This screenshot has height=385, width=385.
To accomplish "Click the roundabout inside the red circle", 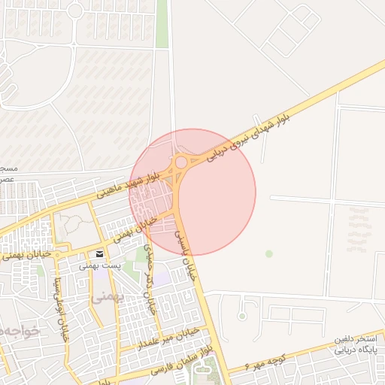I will (x=180, y=162).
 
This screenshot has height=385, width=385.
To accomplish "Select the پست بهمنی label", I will (x=99, y=265).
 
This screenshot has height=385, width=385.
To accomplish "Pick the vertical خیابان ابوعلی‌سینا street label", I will (x=56, y=308).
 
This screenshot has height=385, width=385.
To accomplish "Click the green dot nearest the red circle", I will (x=269, y=253).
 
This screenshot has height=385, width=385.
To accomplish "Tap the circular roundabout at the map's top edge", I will (x=75, y=11).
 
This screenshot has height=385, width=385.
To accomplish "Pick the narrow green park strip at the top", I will (x=162, y=23).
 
